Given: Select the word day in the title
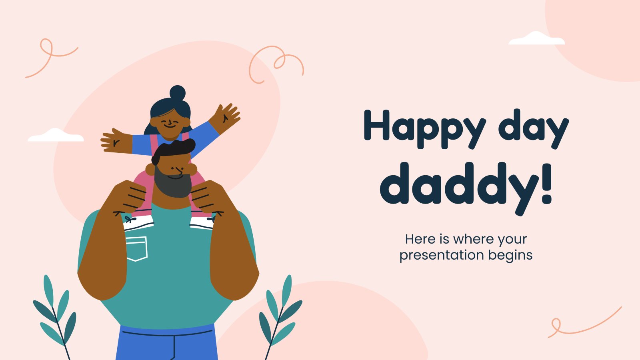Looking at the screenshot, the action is tap(534, 128).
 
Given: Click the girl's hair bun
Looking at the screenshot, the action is tap(178, 92).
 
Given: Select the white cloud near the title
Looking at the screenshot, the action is tap(536, 38).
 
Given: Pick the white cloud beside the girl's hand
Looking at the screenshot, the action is tap(56, 135).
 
